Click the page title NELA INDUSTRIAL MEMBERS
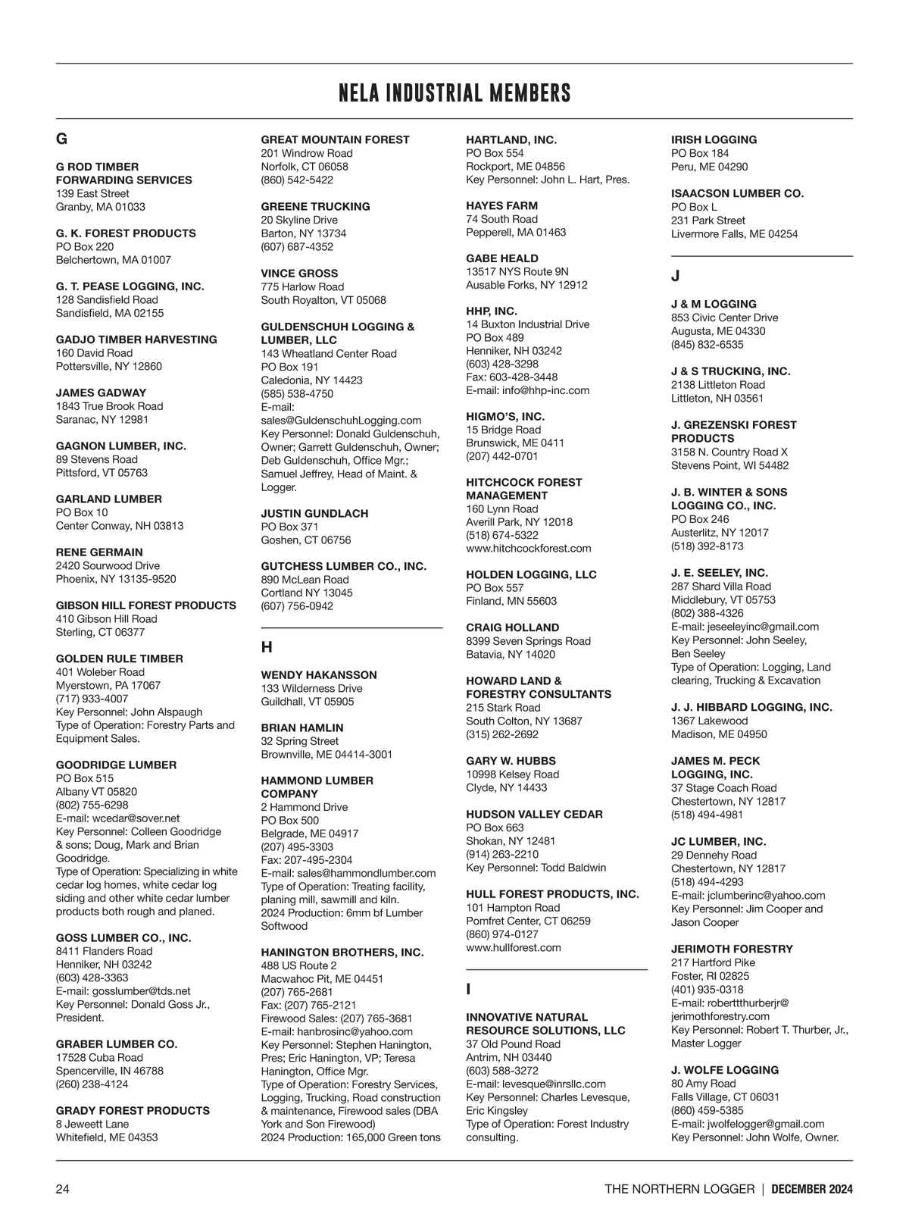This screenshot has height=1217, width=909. coord(454,93)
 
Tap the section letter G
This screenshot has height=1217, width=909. coord(61,139)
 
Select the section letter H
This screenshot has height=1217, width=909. coord(267,647)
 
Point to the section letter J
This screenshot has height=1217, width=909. coord(675,277)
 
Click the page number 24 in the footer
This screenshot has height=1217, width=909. coord(63,1189)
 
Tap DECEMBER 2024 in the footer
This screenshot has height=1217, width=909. coord(812,1189)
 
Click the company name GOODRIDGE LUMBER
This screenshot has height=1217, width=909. coord(116,765)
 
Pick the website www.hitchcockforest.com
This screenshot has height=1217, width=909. coord(529,549)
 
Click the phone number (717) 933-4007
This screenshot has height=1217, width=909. coord(92,699)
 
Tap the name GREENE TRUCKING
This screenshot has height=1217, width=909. coord(316,206)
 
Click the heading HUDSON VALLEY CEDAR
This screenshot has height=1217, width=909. coord(534,814)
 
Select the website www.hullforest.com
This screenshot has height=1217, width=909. coord(514,947)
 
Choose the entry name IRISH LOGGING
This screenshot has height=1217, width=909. coord(714,139)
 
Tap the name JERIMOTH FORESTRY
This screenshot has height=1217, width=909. coord(732,949)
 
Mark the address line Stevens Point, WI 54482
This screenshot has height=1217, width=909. coord(729,465)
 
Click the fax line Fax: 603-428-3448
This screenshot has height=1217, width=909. coord(512,377)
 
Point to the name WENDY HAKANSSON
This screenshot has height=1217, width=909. coord(319,674)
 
